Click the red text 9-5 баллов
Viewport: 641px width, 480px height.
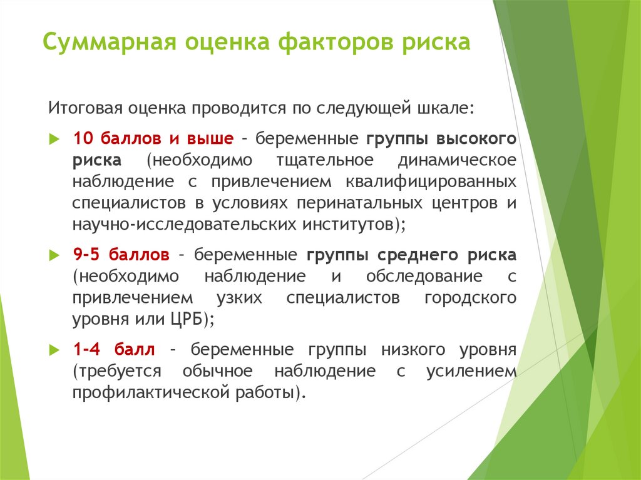(x=121, y=255)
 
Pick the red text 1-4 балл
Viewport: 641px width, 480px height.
(x=115, y=349)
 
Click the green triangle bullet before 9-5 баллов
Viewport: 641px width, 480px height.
(x=53, y=255)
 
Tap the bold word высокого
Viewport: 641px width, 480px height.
(x=476, y=138)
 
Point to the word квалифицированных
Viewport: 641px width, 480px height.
(x=430, y=181)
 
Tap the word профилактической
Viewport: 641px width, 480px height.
(x=148, y=392)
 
